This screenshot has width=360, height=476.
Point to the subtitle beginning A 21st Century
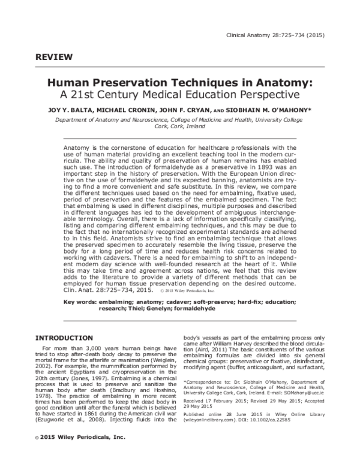click(x=181, y=95)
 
